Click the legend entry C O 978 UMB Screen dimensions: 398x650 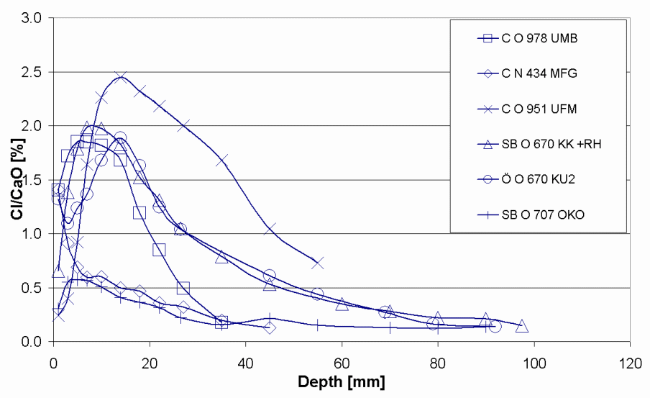(x=539, y=39)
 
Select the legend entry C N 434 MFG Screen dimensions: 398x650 (x=539, y=73)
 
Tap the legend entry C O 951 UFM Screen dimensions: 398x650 (x=539, y=109)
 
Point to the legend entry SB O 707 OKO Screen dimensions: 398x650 (x=542, y=214)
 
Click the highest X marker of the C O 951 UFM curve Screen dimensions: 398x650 (x=121, y=76)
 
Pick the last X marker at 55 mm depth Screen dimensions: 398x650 (x=318, y=263)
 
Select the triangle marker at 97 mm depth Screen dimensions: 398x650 (x=522, y=326)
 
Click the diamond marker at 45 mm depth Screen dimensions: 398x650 (x=270, y=327)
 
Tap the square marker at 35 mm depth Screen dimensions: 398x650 (x=221, y=322)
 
